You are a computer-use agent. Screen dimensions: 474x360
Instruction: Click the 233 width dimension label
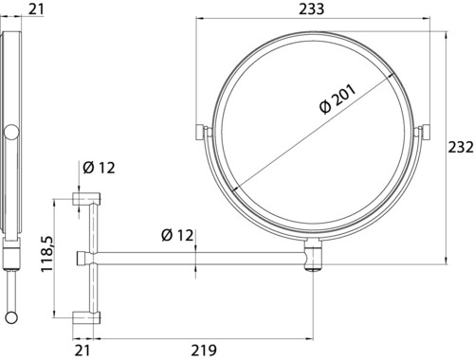311,9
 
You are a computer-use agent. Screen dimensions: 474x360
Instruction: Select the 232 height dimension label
461,147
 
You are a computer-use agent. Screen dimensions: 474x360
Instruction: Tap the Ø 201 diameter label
337,99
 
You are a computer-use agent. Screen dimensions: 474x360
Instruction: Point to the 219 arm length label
204,351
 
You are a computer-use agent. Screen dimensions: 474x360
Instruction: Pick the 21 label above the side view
36,9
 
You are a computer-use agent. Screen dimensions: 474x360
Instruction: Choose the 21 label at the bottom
82,351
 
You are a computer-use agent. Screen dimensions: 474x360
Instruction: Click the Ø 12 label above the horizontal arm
177,235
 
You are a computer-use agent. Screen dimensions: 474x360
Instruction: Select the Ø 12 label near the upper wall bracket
99,168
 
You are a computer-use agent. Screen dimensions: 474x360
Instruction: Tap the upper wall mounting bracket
87,199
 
